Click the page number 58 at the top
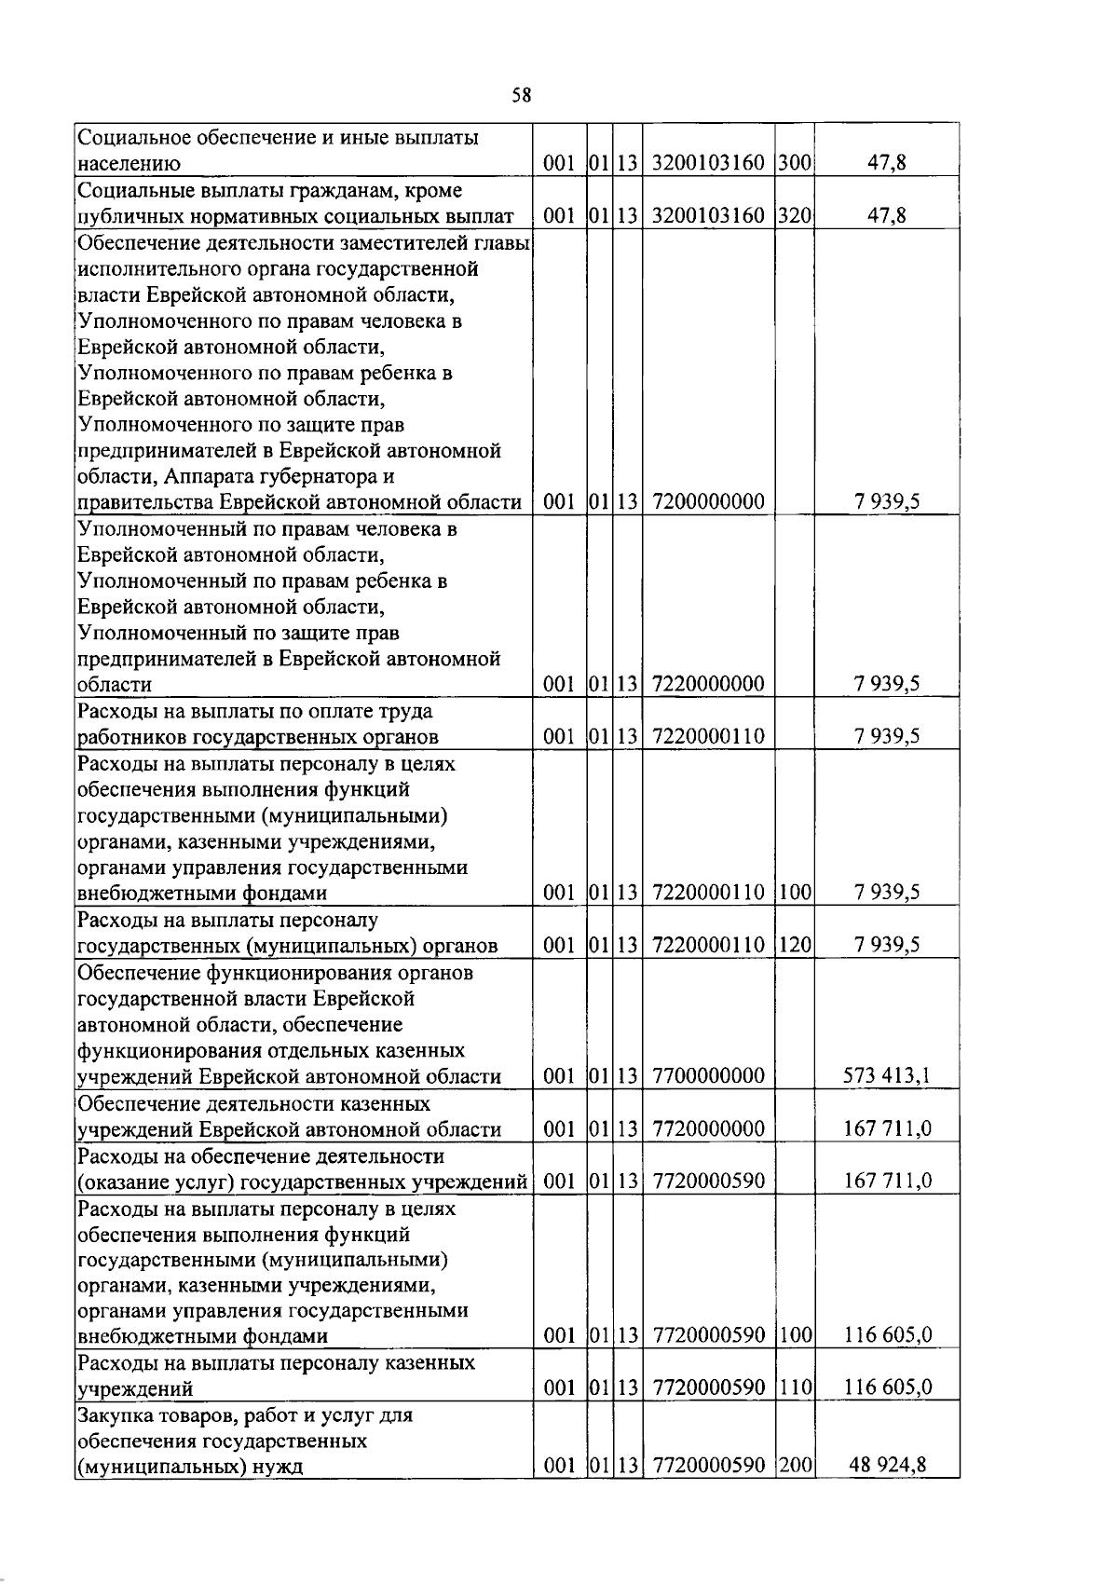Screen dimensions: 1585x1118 coord(522,94)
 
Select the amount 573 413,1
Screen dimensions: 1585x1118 coord(886,1076)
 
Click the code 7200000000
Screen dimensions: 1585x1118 coord(708,501)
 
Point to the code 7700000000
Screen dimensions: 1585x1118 coord(708,1076)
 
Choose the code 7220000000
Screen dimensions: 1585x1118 coord(708,684)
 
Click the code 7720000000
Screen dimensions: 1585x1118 coord(708,1129)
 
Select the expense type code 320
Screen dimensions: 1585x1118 coord(795,216)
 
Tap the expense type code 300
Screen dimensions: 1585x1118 coord(795,164)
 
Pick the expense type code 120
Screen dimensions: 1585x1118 coord(795,945)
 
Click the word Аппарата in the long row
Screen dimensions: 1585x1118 coord(206,476)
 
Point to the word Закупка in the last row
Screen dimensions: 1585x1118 coord(116,1415)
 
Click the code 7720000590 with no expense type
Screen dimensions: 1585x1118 coord(708,1181)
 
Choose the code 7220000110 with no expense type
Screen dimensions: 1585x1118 coord(708,736)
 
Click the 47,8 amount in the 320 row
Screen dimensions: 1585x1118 coord(886,216)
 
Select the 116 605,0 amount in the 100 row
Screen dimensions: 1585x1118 coord(887,1334)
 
